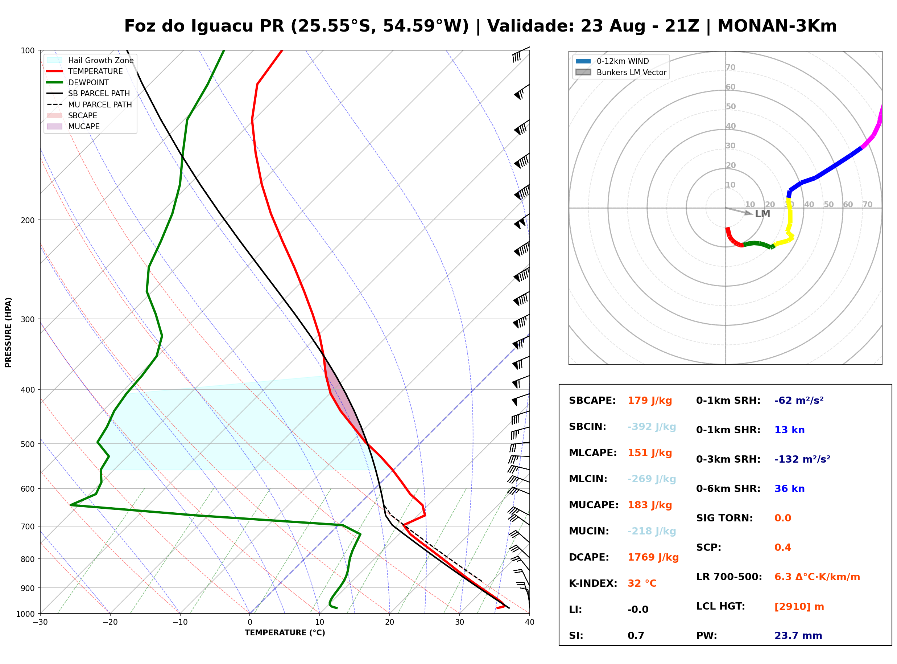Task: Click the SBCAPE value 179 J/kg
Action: tap(650, 401)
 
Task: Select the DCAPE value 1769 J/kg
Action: tap(653, 557)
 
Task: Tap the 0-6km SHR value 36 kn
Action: tap(789, 489)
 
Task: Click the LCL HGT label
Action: tap(720, 607)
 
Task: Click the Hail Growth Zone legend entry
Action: tap(90, 60)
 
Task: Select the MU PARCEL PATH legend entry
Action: tap(90, 104)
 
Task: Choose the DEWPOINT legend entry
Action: tap(78, 82)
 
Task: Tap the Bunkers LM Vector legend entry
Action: tap(621, 72)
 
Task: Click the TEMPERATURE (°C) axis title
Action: tap(285, 633)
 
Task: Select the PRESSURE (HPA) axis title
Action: tap(8, 332)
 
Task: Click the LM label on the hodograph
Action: tap(762, 214)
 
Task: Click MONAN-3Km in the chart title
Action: tap(777, 26)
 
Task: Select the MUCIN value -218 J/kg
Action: tap(652, 531)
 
